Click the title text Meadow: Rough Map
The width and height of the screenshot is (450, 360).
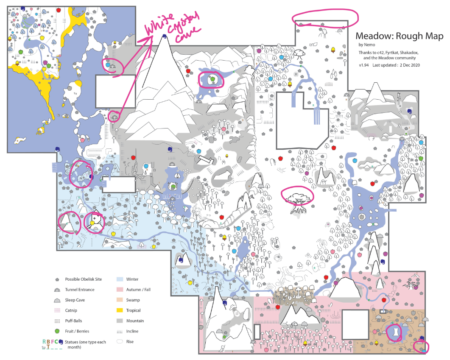399,36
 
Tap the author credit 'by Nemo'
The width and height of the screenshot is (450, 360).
366,45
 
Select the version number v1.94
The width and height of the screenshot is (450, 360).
363,65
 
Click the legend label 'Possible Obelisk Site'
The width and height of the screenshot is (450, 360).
83,279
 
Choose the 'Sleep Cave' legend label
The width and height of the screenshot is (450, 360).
75,300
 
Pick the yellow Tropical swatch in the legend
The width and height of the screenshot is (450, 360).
120,310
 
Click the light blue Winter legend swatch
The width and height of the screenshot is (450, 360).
120,279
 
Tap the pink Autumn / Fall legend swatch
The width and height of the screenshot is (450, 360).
120,290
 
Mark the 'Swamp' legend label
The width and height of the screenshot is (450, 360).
133,300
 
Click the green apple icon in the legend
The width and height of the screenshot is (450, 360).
57,331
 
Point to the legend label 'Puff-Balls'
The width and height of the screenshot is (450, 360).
73,321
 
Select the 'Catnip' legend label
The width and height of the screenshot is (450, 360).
71,310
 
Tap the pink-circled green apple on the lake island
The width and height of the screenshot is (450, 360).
212,78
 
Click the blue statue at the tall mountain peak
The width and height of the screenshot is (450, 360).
165,36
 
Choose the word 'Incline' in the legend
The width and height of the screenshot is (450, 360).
132,331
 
